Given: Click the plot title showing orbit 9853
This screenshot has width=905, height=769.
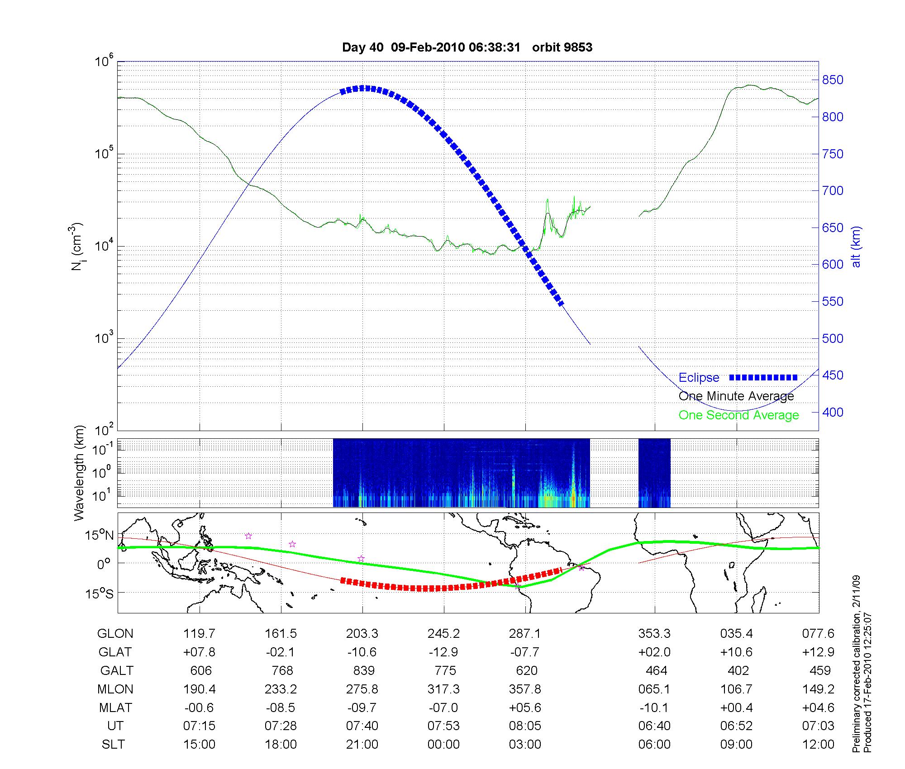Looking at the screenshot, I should click(467, 47).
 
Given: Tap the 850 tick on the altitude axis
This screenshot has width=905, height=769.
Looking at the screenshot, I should click(833, 80).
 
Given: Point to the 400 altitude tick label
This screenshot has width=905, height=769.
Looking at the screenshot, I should click(833, 412).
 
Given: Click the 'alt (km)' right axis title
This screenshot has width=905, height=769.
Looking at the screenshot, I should click(857, 247).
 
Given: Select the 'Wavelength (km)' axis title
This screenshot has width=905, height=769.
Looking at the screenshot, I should click(79, 473).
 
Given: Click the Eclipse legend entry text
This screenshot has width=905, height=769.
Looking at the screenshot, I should click(699, 378).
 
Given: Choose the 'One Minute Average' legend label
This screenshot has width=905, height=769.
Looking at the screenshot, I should click(736, 396).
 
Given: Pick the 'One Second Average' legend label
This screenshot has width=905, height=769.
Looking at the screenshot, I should click(738, 415).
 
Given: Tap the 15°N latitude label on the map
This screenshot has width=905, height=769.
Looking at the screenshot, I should click(100, 536).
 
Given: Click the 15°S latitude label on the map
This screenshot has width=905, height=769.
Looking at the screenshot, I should click(100, 593).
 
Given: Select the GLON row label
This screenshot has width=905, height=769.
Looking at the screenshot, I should click(115, 634).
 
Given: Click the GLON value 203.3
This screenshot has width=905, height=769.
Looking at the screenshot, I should click(362, 634).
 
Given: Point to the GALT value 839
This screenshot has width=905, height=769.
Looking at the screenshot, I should click(363, 670).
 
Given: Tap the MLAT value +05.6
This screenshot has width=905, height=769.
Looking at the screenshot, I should click(525, 707).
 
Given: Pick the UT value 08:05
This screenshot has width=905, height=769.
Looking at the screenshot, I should click(525, 726).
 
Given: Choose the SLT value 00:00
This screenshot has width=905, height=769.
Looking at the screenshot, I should click(443, 745).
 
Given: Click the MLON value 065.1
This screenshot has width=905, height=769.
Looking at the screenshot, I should click(654, 689).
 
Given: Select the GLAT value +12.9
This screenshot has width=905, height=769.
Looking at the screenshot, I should click(818, 652).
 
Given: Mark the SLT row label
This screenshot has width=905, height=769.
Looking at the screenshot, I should click(113, 745).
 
